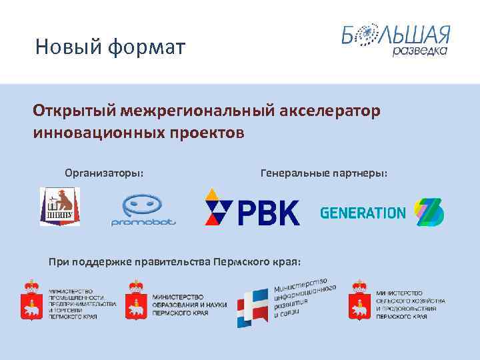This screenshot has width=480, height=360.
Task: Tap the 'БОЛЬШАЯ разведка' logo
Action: (396, 41)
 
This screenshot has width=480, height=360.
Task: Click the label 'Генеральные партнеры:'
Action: (324, 173)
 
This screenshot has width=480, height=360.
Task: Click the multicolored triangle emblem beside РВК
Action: (219, 207)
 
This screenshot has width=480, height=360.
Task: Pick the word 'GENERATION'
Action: (363, 213)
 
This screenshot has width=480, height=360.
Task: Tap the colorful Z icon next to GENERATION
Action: (429, 213)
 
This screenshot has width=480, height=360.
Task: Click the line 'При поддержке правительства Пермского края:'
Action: (175, 261)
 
